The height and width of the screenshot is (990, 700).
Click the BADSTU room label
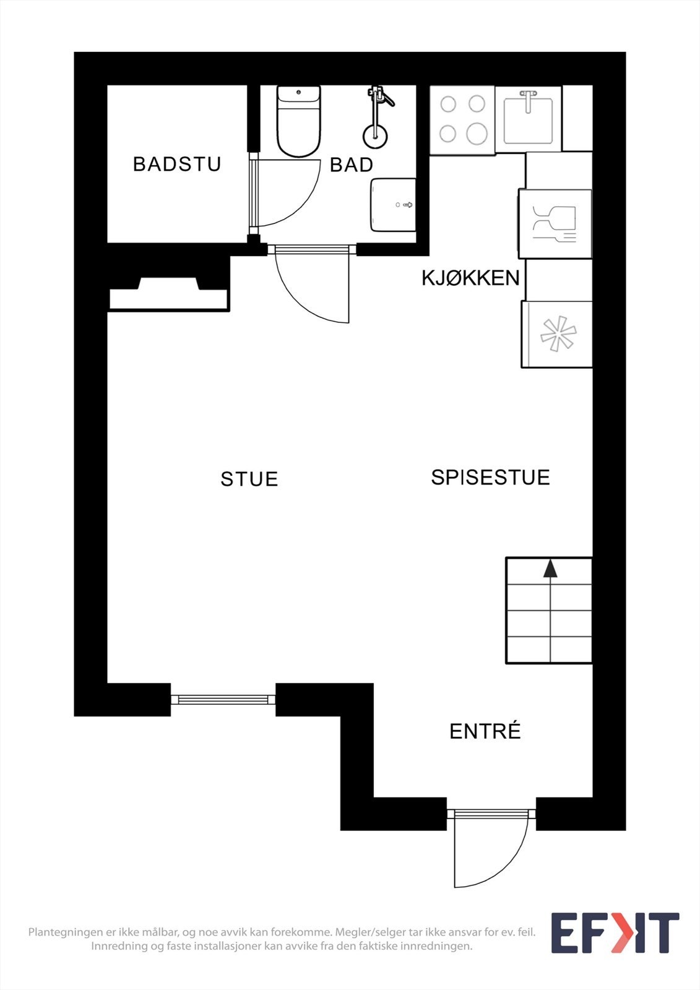pyautogui.click(x=177, y=164)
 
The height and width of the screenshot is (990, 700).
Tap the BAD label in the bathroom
pyautogui.click(x=351, y=165)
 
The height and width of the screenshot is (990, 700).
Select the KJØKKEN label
pyautogui.click(x=470, y=278)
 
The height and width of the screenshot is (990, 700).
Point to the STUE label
pyautogui.click(x=249, y=479)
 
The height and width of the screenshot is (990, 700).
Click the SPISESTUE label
pyautogui.click(x=490, y=478)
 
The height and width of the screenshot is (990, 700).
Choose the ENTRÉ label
pyautogui.click(x=485, y=731)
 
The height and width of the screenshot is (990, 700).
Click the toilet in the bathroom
pyautogui.click(x=298, y=121)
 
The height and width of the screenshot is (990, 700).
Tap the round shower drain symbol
pyautogui.click(x=375, y=136)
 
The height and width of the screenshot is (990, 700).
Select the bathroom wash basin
pyautogui.click(x=393, y=205)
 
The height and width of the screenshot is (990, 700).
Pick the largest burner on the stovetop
pyautogui.click(x=477, y=133)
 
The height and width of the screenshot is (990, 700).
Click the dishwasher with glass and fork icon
pyautogui.click(x=555, y=223)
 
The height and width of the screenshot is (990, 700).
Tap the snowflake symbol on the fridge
pyautogui.click(x=558, y=334)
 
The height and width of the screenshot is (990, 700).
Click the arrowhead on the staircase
pyautogui.click(x=550, y=569)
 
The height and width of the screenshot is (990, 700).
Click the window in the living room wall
pyautogui.click(x=223, y=699)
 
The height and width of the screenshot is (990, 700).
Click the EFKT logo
pyautogui.click(x=615, y=933)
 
